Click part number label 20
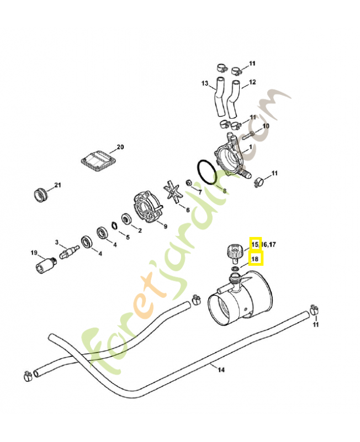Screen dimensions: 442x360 tap(120, 148)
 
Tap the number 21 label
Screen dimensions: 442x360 tap(57, 185)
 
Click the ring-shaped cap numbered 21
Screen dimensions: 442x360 tap(40, 194)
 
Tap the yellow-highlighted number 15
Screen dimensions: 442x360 tap(255, 244)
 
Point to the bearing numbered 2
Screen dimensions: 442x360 tap(126, 220)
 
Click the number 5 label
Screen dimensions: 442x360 tap(128, 238)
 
